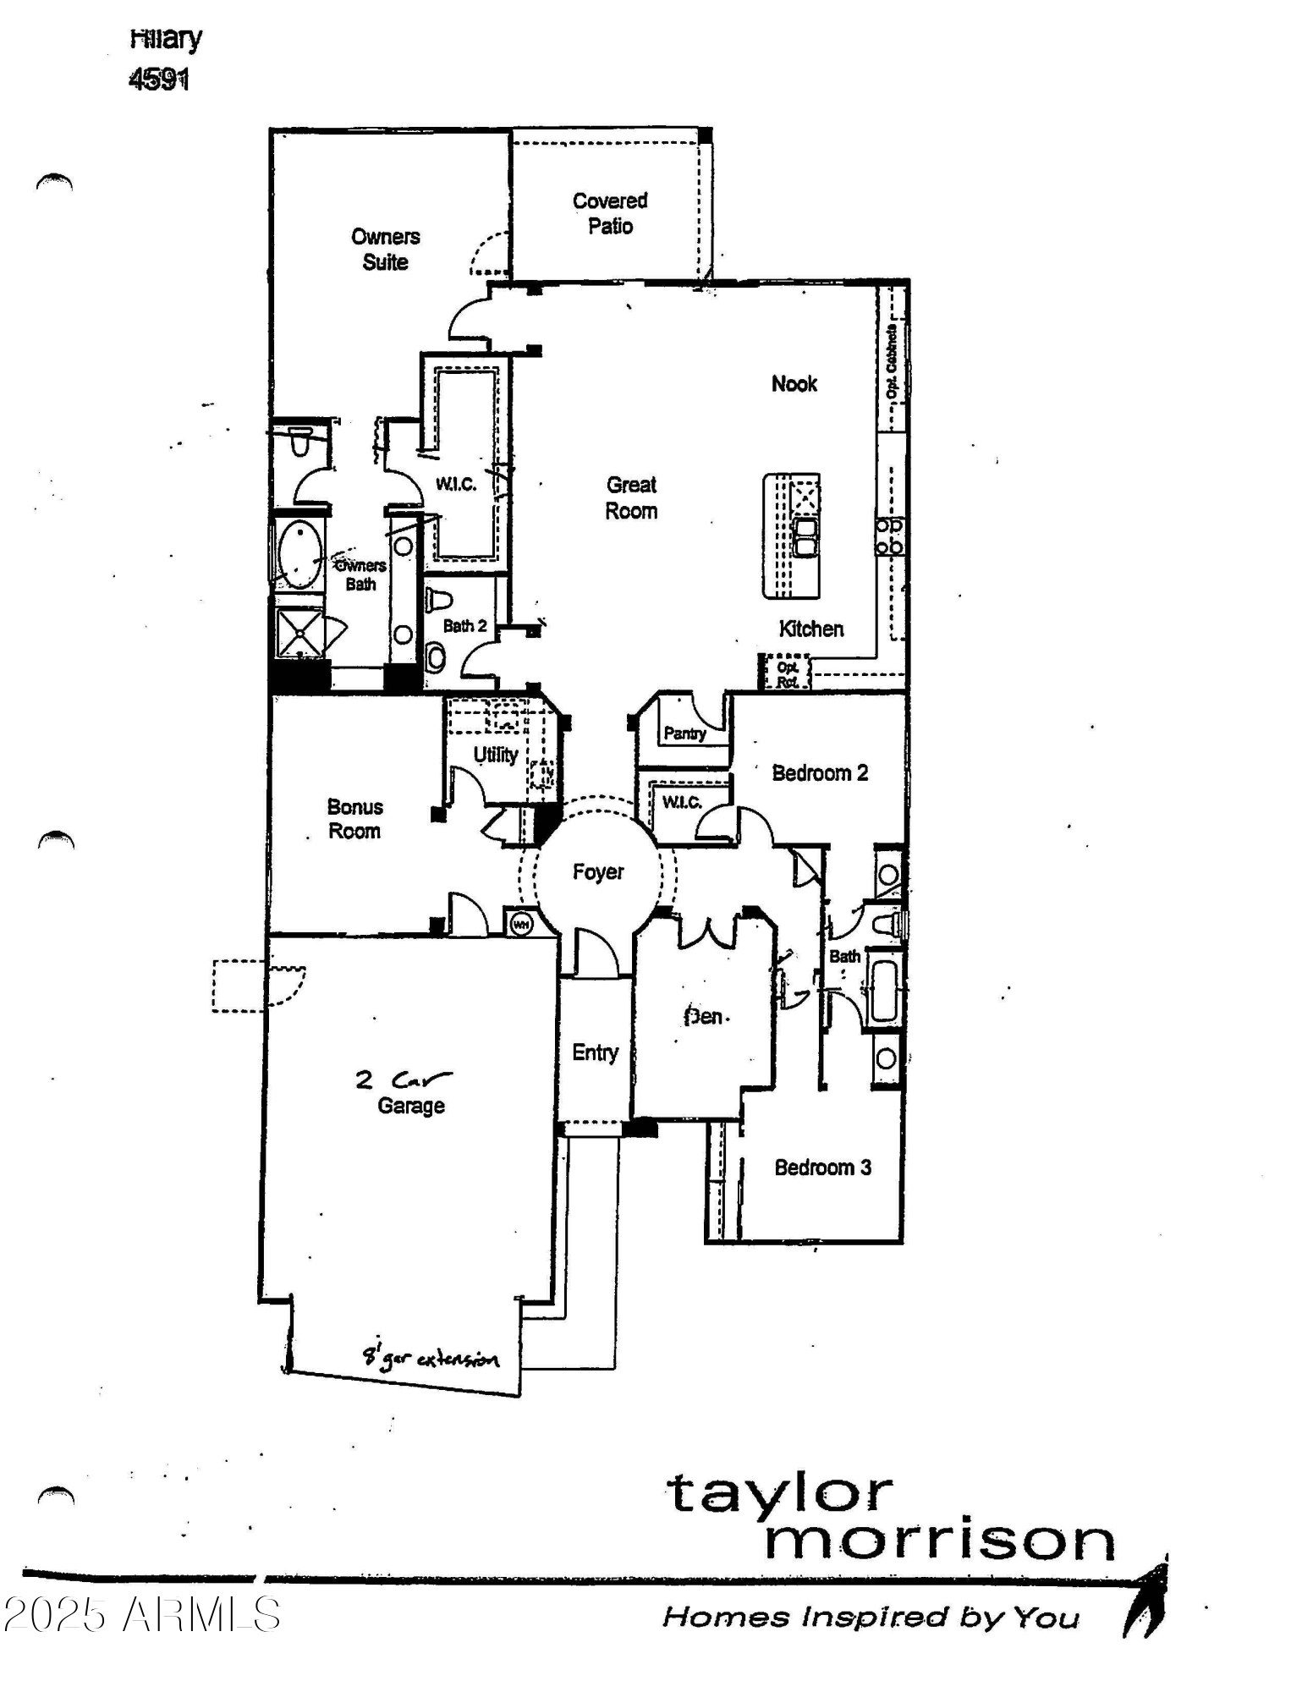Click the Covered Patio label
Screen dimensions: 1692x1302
[609, 213]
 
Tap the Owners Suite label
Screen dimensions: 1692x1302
[385, 250]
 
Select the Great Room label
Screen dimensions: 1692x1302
[631, 497]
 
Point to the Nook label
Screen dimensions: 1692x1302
[794, 384]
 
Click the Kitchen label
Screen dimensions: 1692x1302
[810, 629]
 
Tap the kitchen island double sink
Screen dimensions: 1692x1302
[805, 537]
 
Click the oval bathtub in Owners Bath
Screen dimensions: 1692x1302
[299, 555]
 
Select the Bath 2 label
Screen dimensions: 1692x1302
[464, 626]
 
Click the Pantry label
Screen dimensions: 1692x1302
[684, 733]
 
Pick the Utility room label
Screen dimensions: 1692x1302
[495, 754]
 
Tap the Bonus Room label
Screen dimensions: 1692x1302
[354, 819]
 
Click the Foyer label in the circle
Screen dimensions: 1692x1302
[597, 872]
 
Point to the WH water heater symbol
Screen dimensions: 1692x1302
[521, 925]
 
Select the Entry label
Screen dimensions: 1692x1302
[595, 1052]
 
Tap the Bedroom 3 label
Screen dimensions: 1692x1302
[822, 1167]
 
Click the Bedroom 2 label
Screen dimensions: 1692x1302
[820, 773]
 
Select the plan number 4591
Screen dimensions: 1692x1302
[158, 80]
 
